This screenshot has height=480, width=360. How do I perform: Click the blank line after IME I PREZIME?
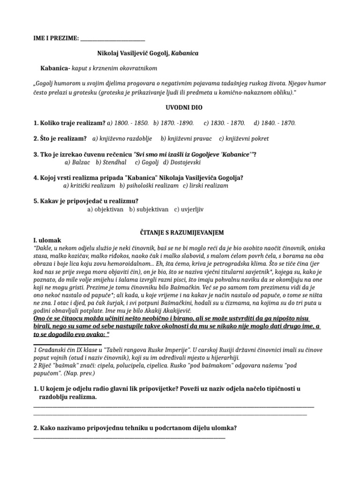click(112, 38)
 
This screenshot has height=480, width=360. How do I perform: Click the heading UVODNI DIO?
click(184, 107)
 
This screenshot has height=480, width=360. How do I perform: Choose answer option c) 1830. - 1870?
click(225, 123)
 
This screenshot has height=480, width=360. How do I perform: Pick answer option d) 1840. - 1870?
click(275, 123)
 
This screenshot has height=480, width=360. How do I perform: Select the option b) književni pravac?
click(186, 139)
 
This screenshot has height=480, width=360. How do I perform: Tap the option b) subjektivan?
click(149, 209)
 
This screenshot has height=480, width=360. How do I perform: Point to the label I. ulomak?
click(47, 240)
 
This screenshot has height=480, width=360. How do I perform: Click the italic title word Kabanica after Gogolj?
click(185, 53)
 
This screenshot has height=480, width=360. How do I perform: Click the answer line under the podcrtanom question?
click(129, 438)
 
